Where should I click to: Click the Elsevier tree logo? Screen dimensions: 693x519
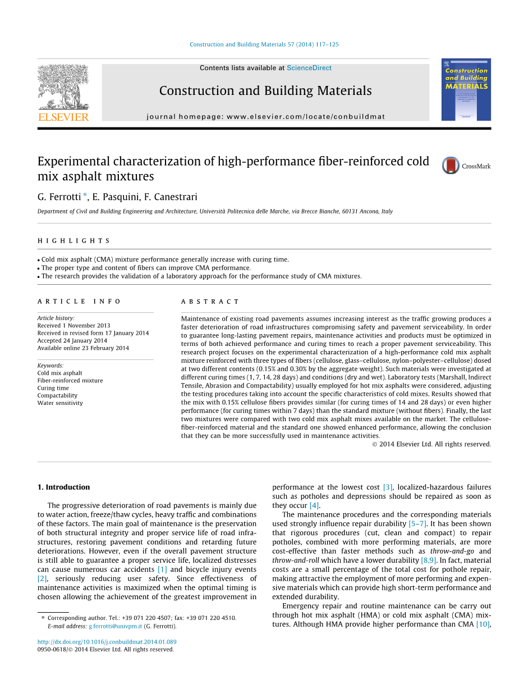point(63,86)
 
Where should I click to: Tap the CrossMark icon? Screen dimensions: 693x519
point(451,166)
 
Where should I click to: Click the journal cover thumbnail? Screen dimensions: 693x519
point(466,89)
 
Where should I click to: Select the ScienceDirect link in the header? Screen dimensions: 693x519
point(309,68)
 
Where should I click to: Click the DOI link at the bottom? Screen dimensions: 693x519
point(107,642)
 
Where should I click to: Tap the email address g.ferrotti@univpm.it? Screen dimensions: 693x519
point(115,626)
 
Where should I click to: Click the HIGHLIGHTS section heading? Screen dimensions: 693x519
point(74,241)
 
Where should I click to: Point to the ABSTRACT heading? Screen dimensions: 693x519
point(210,302)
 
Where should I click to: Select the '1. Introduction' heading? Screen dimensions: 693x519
point(63,487)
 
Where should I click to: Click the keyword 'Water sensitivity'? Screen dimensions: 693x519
point(60,403)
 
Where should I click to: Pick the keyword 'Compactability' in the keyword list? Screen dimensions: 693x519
point(57,395)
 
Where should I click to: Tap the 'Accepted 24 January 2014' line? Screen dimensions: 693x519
point(72,340)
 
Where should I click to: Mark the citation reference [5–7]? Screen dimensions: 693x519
point(417,523)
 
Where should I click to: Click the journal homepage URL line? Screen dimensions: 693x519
point(265,117)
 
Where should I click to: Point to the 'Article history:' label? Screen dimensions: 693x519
point(56,318)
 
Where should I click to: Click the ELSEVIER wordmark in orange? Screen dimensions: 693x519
point(63,117)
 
